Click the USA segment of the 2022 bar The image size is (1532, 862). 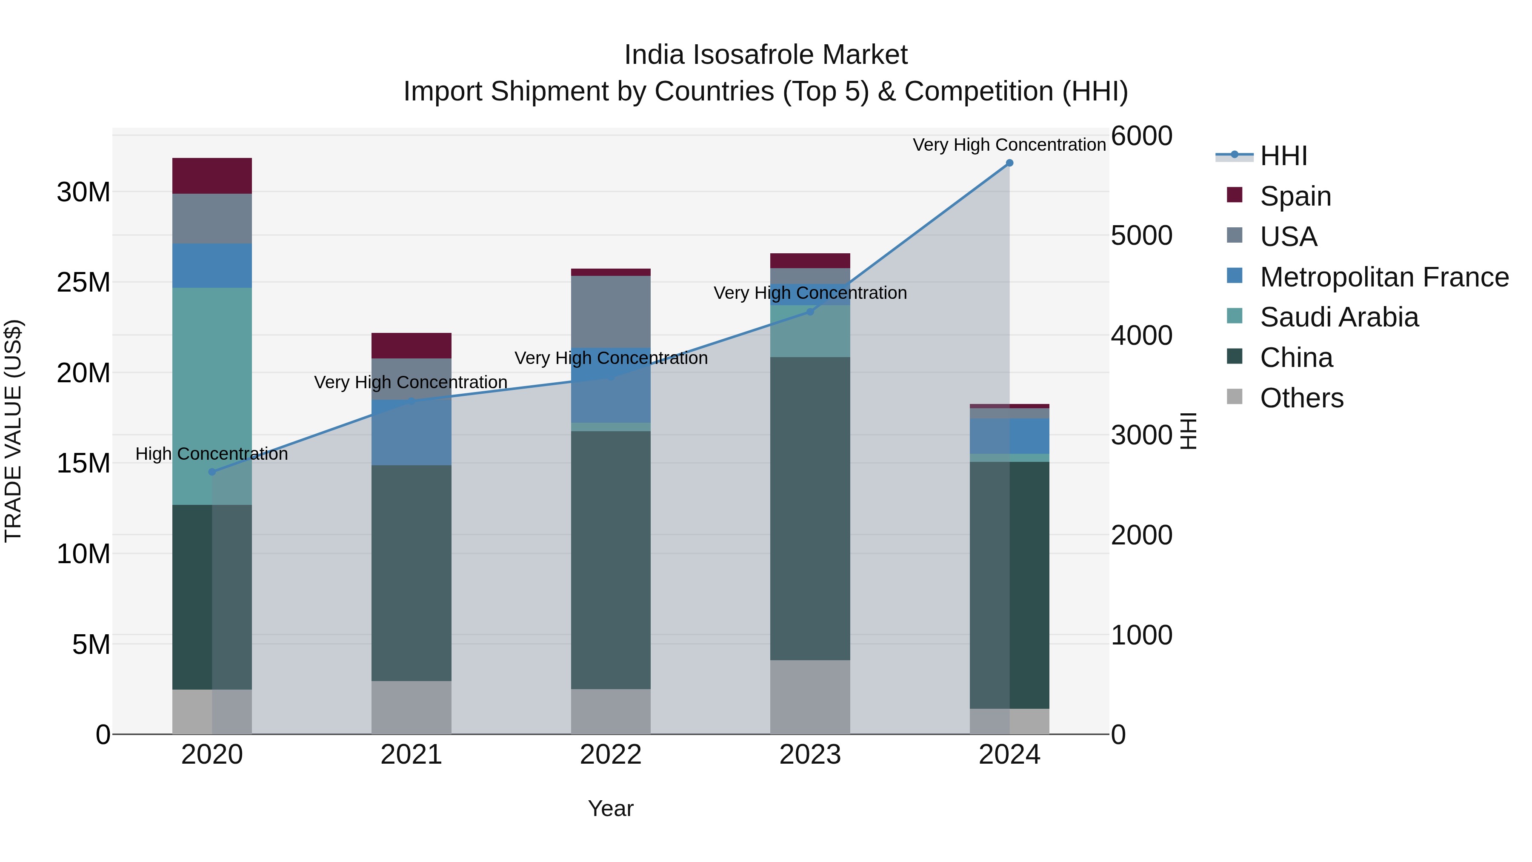[x=611, y=311]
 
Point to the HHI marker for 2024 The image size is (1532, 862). [x=1009, y=163]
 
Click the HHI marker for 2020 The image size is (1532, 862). [x=212, y=472]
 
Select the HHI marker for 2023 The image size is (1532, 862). [x=810, y=311]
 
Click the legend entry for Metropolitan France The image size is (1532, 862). [x=1384, y=277]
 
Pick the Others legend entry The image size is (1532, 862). [x=1301, y=398]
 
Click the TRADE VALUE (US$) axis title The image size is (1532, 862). [x=13, y=431]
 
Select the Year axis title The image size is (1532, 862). [x=611, y=808]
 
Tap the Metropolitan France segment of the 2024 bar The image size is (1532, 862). [x=1009, y=436]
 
